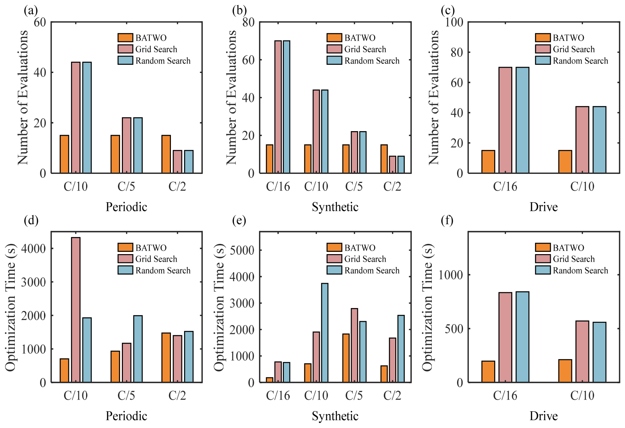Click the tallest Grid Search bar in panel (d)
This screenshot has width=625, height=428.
(x=76, y=310)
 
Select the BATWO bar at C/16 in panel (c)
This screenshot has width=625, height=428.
(x=488, y=162)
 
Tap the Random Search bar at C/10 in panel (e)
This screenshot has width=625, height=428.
(x=325, y=333)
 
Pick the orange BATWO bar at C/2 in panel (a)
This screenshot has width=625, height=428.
(x=166, y=154)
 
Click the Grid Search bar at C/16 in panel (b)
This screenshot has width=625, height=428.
(x=278, y=107)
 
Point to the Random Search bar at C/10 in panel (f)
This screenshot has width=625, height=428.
(x=599, y=352)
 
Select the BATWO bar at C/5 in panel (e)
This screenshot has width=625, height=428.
(x=346, y=358)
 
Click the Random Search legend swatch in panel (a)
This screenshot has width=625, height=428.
(x=125, y=60)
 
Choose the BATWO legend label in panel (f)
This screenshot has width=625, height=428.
(x=568, y=248)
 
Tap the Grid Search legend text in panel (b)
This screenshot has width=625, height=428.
(x=365, y=49)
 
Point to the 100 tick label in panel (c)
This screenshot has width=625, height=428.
(x=454, y=22)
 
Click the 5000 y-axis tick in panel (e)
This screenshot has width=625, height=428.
(x=242, y=250)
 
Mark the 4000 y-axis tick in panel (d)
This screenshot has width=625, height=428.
(x=34, y=248)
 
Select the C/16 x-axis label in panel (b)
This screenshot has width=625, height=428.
(x=278, y=186)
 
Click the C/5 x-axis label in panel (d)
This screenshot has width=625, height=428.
(x=127, y=395)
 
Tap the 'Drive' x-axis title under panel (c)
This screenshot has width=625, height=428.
(x=544, y=207)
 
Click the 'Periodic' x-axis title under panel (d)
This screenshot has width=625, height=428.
(x=127, y=416)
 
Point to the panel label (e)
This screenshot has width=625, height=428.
(x=239, y=220)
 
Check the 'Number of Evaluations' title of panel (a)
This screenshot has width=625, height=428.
(x=22, y=98)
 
